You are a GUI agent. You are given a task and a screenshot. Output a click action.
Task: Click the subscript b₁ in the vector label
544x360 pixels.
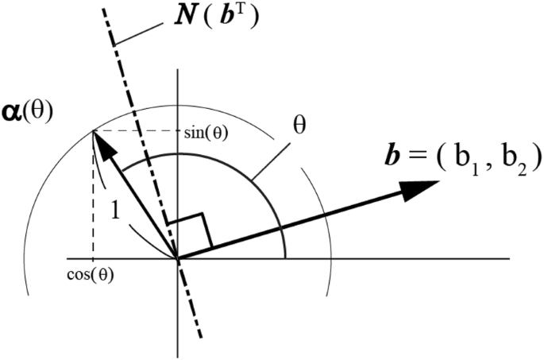pyautogui.click(x=462, y=156)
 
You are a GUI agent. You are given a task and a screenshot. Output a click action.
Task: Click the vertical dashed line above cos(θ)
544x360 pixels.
pyautogui.click(x=93, y=199)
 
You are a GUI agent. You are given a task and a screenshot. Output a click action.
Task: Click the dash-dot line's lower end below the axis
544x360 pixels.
pyautogui.click(x=201, y=333)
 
